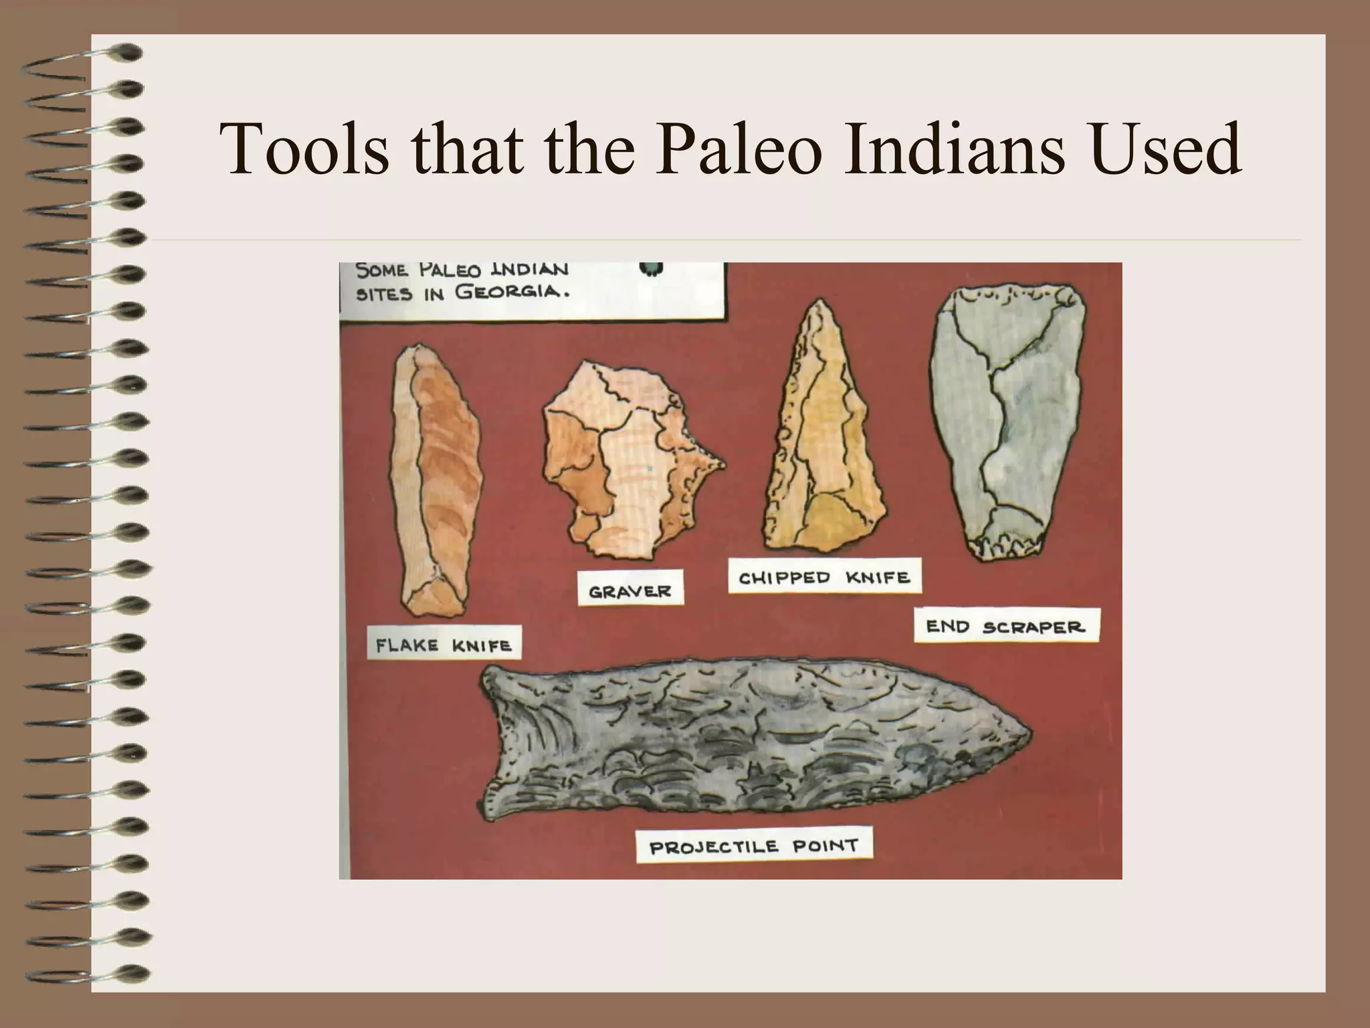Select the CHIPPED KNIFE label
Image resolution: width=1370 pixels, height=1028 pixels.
pos(824,578)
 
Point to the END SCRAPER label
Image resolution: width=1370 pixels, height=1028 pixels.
pos(1006,627)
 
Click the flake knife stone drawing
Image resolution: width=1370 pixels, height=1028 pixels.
pos(435,482)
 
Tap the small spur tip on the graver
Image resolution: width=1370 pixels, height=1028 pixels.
pos(722,462)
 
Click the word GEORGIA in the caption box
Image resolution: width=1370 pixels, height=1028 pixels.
pos(512,292)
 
